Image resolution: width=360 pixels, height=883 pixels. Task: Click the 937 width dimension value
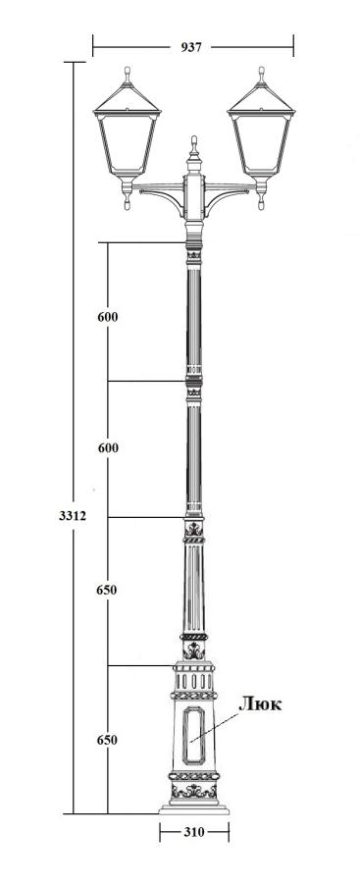point(191,47)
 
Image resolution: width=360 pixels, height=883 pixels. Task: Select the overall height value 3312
point(73,515)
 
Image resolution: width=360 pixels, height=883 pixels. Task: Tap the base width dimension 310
point(194,832)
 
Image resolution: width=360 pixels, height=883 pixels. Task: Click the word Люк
point(260,703)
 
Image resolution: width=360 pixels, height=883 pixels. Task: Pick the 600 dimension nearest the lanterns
point(108,317)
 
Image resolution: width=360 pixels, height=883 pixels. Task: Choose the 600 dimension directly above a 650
point(108,448)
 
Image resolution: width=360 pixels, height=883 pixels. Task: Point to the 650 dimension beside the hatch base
point(107,740)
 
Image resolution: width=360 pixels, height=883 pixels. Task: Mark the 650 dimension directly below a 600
point(107,591)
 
